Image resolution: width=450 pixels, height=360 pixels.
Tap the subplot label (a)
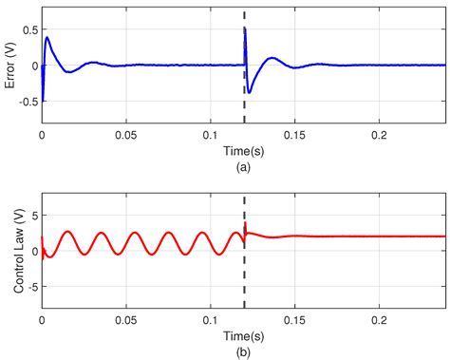(245, 166)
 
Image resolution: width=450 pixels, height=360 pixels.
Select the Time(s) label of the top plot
(245, 150)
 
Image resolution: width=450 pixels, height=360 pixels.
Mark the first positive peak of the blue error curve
(47, 38)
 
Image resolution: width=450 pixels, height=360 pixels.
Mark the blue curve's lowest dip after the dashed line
(250, 92)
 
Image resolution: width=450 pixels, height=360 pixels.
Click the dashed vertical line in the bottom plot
(245, 285)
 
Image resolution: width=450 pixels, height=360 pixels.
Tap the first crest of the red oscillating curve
(66, 232)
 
